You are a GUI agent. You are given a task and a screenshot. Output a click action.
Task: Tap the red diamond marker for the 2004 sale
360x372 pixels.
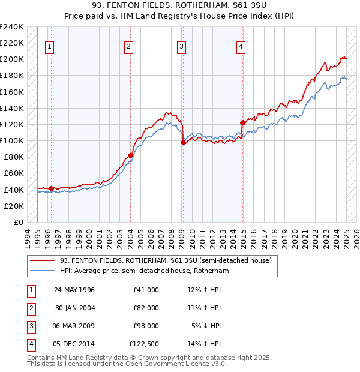(x=130, y=155)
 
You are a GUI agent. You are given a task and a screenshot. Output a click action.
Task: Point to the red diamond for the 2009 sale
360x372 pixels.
(x=183, y=142)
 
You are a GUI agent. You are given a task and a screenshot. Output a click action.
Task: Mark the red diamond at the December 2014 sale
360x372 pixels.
(x=242, y=122)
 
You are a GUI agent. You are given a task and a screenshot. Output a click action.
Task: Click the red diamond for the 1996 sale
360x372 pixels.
(x=51, y=188)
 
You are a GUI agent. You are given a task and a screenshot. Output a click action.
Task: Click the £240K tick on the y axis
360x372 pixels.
(x=12, y=26)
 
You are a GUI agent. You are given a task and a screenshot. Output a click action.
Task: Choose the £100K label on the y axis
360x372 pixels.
(x=12, y=140)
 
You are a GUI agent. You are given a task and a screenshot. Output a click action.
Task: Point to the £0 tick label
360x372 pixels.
(x=18, y=222)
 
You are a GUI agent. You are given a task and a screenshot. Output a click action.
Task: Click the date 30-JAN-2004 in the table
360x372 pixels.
(x=75, y=307)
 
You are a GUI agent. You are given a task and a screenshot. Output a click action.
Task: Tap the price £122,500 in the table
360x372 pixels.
(x=144, y=344)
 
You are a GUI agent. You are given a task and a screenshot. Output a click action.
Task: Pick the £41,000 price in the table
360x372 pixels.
(x=146, y=289)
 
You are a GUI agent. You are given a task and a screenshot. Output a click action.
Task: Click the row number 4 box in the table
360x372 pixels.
(x=31, y=344)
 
